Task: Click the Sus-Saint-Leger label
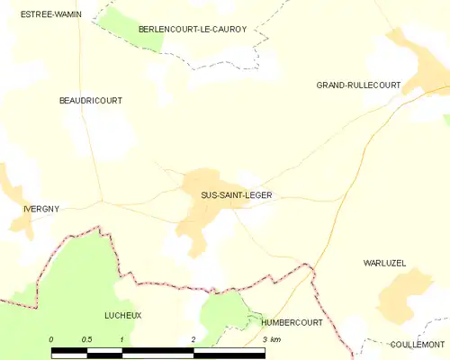tap(236, 194)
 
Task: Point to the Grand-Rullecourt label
tap(358, 85)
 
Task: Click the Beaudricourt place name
tap(90, 101)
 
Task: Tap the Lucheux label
tap(123, 316)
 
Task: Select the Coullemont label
tap(418, 345)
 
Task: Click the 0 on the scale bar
tap(51, 338)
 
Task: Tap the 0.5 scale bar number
tap(85, 338)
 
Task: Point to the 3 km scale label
tap(271, 338)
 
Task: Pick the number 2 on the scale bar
tap(193, 338)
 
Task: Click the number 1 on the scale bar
tap(121, 338)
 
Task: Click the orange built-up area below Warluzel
tap(403, 297)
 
